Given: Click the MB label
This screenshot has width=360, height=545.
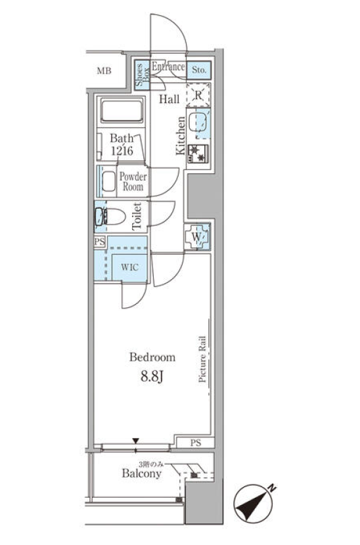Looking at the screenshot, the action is click(104, 72).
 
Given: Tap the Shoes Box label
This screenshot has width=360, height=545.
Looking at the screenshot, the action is click(143, 75).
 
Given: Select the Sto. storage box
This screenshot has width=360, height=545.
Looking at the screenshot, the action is click(199, 70).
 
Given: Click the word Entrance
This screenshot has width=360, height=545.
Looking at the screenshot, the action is click(168, 66).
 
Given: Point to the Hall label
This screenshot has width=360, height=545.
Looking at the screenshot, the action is click(169, 99).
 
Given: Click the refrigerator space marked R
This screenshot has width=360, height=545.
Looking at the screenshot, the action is click(198, 95).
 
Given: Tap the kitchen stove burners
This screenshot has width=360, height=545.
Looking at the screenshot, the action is click(198, 154).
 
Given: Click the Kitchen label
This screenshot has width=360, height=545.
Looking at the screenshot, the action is click(181, 135).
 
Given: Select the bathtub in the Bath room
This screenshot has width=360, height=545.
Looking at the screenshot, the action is click(122, 110).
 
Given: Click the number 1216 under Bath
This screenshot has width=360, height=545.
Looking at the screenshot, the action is click(122, 150).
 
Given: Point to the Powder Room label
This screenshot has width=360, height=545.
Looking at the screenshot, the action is click(133, 181).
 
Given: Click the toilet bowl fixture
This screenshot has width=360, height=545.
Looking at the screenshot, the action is click(110, 217).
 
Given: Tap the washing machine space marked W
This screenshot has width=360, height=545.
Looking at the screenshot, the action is click(197, 236).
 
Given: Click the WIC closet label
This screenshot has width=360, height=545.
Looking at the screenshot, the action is click(129, 267).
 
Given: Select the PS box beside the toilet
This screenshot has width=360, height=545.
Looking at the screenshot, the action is click(100, 242).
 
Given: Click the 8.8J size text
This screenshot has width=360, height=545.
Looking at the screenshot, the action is click(152, 376).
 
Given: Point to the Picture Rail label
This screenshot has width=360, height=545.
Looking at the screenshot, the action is click(202, 359).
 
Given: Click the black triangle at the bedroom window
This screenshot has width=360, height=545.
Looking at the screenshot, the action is click(135, 441).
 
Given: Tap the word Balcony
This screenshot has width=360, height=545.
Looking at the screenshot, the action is click(141, 473).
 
